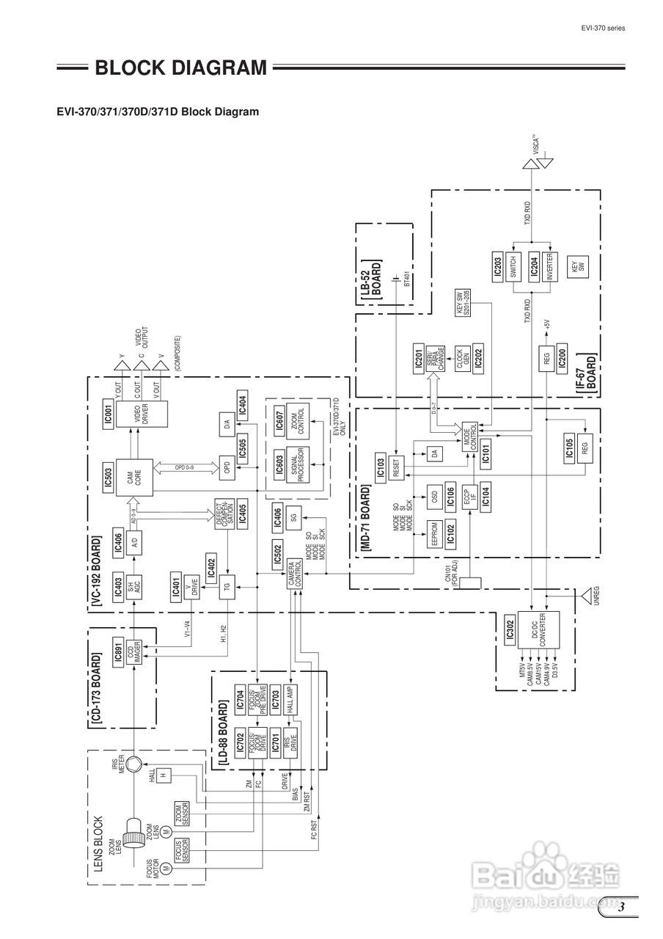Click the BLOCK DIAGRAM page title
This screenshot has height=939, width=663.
tap(180, 69)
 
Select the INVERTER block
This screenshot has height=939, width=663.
tap(552, 265)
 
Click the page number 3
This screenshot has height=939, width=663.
tap(620, 908)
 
